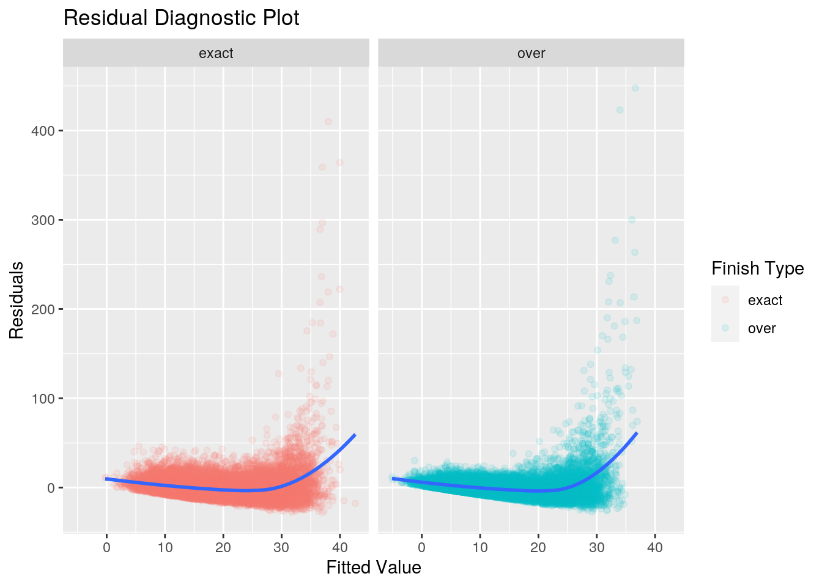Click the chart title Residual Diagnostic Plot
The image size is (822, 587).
(x=181, y=18)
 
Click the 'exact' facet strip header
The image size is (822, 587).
(x=216, y=53)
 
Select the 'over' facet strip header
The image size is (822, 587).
(x=531, y=53)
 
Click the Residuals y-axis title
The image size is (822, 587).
(x=17, y=300)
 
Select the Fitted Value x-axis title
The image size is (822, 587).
(x=374, y=567)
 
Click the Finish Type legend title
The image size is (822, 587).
(x=757, y=268)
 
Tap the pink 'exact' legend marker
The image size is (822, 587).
(x=725, y=300)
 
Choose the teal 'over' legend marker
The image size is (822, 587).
(x=725, y=328)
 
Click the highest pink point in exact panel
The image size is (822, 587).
(x=328, y=121)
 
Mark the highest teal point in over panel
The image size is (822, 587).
(x=635, y=88)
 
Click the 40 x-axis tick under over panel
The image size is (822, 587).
(x=654, y=547)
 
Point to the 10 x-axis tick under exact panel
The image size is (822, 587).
(x=165, y=547)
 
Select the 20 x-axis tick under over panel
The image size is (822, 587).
(x=538, y=547)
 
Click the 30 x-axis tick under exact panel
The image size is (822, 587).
(x=281, y=547)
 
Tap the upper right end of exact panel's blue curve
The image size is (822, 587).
(x=355, y=435)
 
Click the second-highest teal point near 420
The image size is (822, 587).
(x=620, y=110)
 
